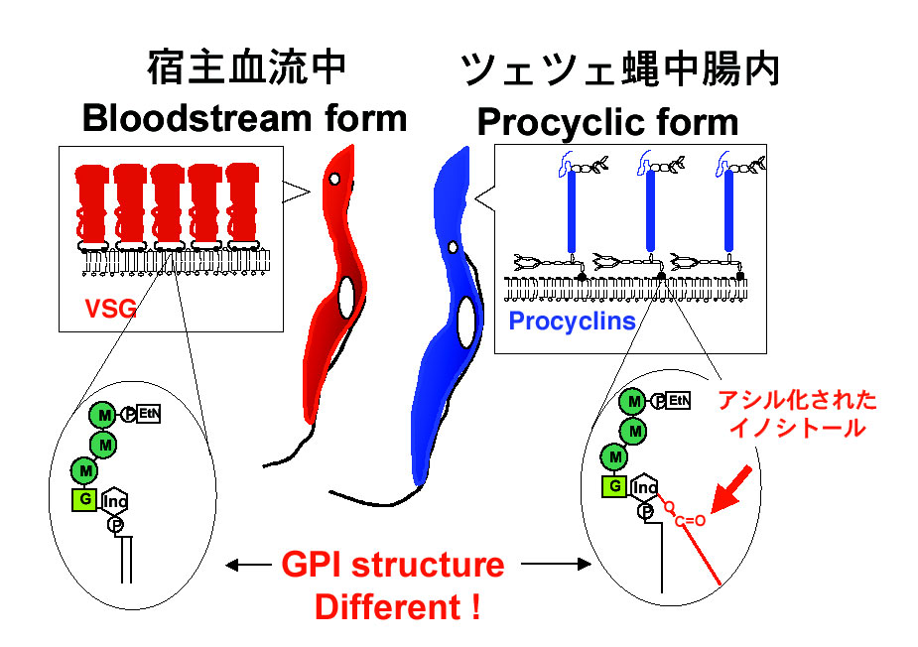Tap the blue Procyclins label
(x=572, y=321)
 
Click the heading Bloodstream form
(x=244, y=118)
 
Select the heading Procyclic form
(x=607, y=122)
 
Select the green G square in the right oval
(x=615, y=486)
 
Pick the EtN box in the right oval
(x=680, y=401)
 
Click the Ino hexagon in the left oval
(x=115, y=500)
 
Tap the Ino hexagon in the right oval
(x=645, y=487)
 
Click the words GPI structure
(x=393, y=566)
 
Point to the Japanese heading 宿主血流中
(x=245, y=67)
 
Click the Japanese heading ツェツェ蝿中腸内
(x=620, y=69)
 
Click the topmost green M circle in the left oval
(x=103, y=414)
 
